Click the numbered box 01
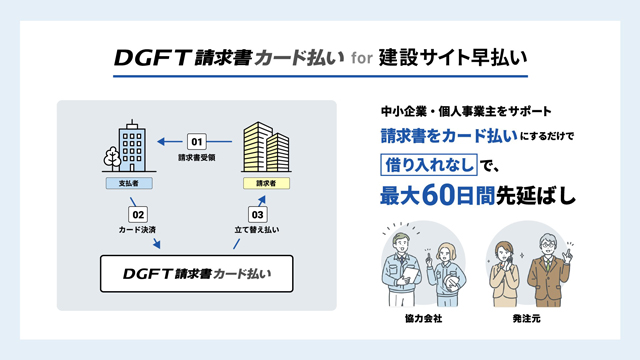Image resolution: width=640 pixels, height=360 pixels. [197, 142]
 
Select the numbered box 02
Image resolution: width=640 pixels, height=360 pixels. [138, 214]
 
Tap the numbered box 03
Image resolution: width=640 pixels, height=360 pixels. [258, 214]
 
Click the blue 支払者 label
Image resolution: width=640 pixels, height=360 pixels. [129, 183]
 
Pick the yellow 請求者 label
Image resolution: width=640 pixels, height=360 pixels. [266, 183]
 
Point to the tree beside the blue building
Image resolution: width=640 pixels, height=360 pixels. [112, 158]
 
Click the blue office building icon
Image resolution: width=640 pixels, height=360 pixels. [132, 146]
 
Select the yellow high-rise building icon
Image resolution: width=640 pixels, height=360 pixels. [266, 147]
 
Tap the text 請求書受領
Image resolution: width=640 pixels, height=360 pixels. [197, 158]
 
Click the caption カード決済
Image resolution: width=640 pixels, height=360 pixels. [137, 230]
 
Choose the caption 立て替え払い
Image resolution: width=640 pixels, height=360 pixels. [257, 230]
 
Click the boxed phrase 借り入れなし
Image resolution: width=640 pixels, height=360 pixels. [429, 165]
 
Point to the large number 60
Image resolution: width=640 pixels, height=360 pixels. [438, 196]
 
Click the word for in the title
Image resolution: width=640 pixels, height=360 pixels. [362, 58]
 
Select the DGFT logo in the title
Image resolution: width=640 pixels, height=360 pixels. [153, 58]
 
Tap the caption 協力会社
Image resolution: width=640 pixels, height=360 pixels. [423, 319]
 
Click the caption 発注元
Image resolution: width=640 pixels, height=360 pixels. [527, 319]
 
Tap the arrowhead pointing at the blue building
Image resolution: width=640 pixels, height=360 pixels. [161, 142]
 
